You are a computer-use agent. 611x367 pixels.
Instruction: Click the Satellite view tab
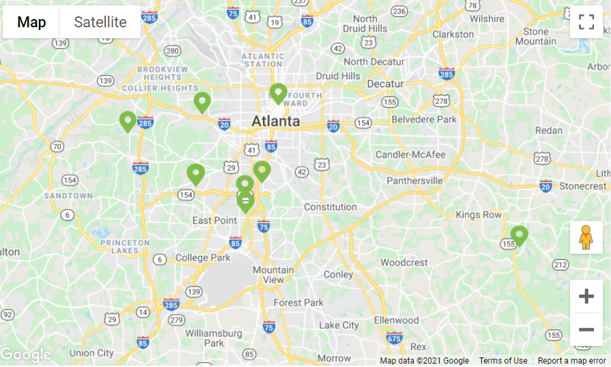coord(100,22)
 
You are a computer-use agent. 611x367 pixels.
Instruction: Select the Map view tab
coord(31,22)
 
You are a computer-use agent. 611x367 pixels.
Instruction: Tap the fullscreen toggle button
coord(586,22)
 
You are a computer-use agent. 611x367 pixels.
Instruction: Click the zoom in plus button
coord(586,296)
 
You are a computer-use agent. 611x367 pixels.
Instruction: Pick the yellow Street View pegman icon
coord(586,237)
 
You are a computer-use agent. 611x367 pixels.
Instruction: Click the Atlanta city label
coord(276,121)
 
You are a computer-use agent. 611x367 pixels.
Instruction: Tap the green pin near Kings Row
coord(519,236)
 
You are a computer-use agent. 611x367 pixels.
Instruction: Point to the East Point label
coord(215,220)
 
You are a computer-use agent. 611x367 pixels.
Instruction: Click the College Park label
coord(203,258)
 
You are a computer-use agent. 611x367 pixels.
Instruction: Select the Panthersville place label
coord(414,181)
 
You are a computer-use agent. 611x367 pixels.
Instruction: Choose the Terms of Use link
coord(503,361)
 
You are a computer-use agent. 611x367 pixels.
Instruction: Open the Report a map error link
coord(571,361)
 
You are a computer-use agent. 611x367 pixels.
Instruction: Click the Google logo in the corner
coord(26,355)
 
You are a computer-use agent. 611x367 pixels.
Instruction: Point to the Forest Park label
coord(298,302)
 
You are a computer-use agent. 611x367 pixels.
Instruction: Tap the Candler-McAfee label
coord(410,154)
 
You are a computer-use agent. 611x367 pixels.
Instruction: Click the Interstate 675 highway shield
coord(394,337)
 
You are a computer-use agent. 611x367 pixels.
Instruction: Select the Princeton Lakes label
coord(124,247)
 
